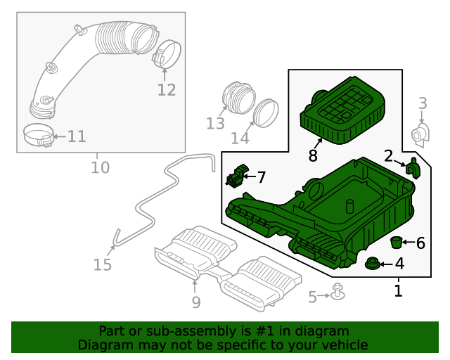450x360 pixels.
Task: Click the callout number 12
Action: pyautogui.click(x=167, y=90)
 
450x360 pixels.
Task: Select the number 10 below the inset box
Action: pyautogui.click(x=101, y=167)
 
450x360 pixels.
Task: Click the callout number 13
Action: pyautogui.click(x=215, y=124)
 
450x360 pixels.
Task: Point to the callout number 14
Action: pyautogui.click(x=240, y=139)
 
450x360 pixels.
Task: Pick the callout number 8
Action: pyautogui.click(x=313, y=155)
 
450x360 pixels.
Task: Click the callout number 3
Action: pyautogui.click(x=423, y=104)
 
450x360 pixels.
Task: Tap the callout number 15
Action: pyautogui.click(x=103, y=264)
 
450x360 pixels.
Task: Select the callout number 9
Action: pyautogui.click(x=195, y=302)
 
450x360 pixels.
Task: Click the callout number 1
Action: pyautogui.click(x=398, y=290)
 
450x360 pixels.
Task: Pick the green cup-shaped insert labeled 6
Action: pyautogui.click(x=397, y=243)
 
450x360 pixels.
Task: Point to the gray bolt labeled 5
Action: pyautogui.click(x=338, y=292)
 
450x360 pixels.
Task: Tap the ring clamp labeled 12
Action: pyautogui.click(x=167, y=54)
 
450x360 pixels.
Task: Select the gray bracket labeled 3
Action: pyautogui.click(x=420, y=134)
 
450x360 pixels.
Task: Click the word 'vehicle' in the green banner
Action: pyautogui.click(x=342, y=345)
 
